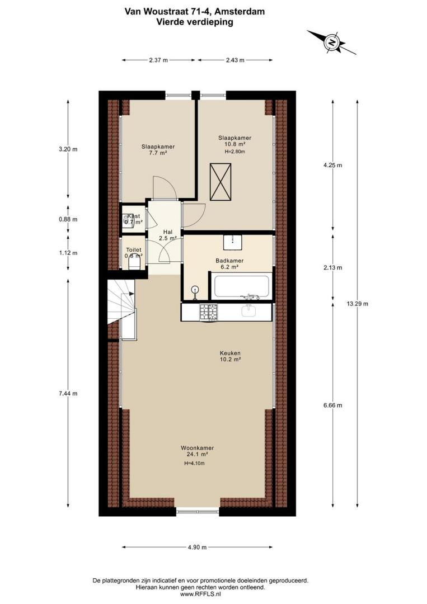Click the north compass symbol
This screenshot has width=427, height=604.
(x=331, y=43)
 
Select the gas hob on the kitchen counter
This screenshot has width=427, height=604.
(x=209, y=312)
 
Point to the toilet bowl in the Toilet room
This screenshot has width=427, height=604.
(x=134, y=264)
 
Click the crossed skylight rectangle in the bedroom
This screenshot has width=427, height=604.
(x=221, y=181)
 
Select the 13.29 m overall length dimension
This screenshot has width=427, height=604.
(x=357, y=304)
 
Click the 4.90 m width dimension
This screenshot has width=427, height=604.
(x=198, y=547)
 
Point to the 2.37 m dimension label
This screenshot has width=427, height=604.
(x=158, y=60)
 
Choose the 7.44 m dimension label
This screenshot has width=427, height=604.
(x=68, y=393)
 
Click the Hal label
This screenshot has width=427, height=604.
(x=168, y=232)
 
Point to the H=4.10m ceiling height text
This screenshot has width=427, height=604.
(x=194, y=464)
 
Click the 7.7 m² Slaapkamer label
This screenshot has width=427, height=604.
(x=158, y=149)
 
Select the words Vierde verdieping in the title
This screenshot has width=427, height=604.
(x=195, y=22)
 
